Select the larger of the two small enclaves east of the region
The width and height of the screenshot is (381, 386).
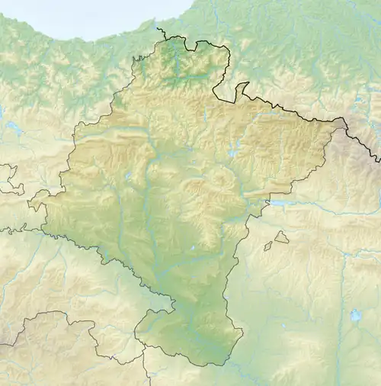[282, 238]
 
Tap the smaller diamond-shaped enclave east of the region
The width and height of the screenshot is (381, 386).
[267, 246]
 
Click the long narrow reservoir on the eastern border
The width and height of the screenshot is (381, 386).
[283, 204]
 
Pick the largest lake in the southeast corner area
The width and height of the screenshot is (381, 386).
[355, 315]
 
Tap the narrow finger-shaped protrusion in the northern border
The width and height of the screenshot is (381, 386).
[242, 89]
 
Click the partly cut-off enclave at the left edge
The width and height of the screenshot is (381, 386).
[8, 179]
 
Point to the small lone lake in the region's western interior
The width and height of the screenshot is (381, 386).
[128, 177]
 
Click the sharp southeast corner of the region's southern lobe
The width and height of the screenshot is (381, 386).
[242, 331]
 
